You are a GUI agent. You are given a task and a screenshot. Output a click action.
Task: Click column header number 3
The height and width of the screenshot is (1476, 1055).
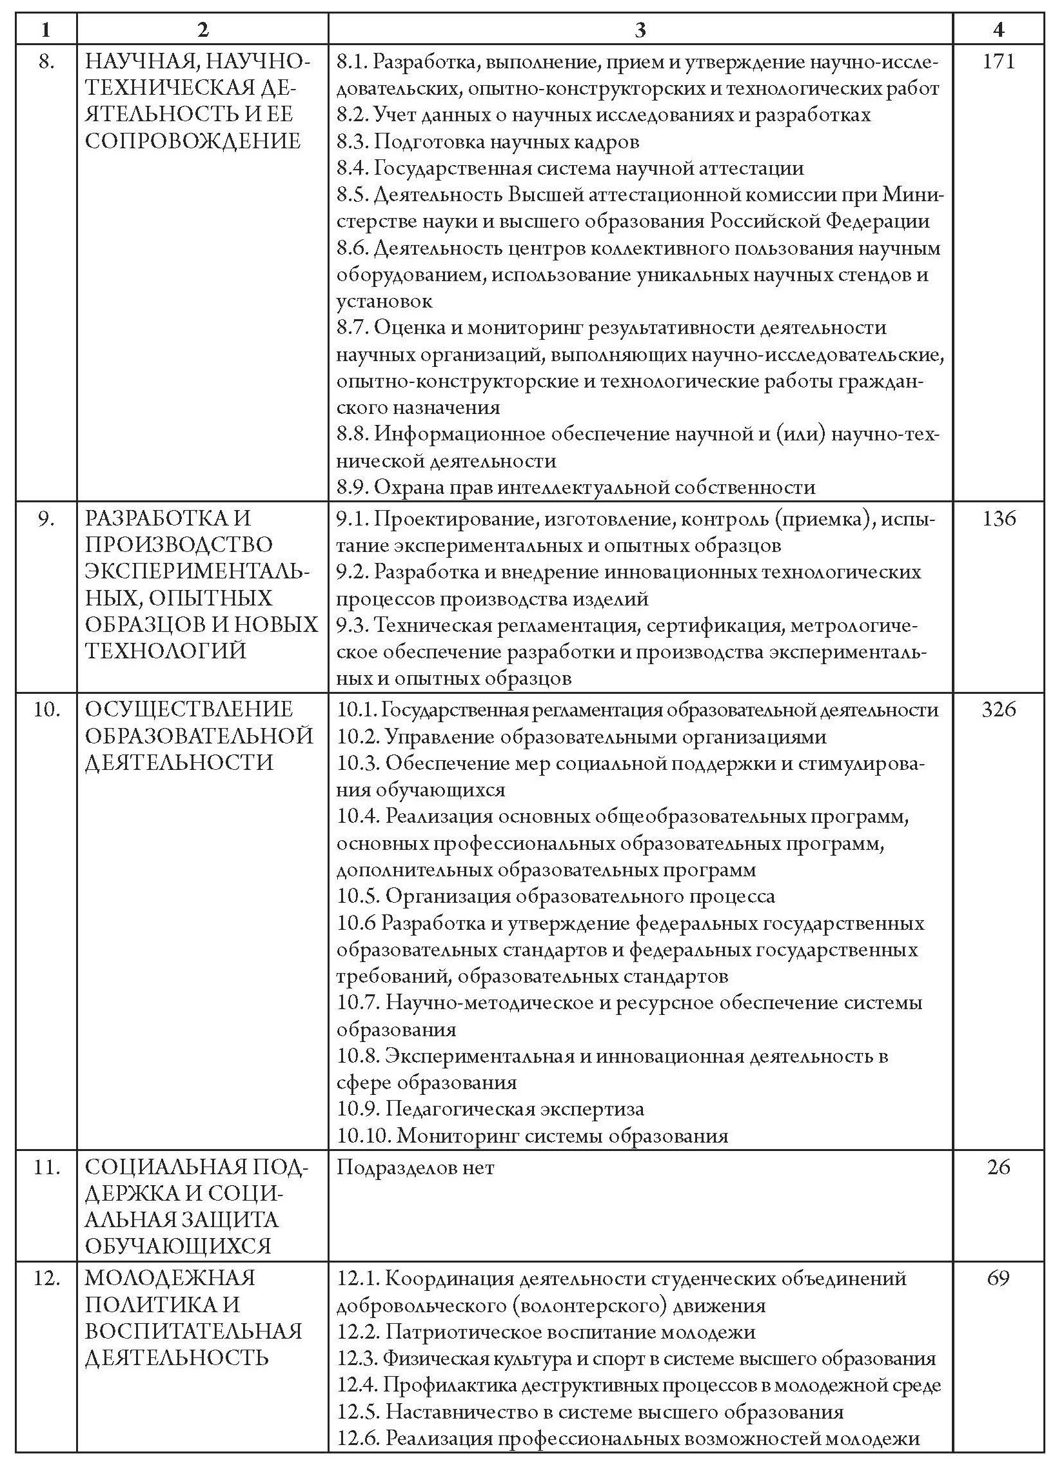(640, 29)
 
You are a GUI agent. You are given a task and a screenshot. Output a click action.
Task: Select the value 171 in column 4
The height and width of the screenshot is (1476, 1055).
(998, 62)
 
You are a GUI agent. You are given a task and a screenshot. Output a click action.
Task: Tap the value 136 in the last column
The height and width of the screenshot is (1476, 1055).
(998, 518)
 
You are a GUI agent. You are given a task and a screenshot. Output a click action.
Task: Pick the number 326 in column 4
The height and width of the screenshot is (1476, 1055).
(998, 709)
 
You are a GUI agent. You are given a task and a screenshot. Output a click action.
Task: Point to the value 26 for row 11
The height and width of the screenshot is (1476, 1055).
(998, 1166)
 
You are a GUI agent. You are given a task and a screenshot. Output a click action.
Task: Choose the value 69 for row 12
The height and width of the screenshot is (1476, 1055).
(998, 1278)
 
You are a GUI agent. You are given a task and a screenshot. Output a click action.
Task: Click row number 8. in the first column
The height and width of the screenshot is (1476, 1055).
(46, 62)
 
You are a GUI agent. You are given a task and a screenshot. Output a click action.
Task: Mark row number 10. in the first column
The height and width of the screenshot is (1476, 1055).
(46, 709)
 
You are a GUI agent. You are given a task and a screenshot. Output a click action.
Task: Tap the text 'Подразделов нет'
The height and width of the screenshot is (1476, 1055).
(416, 1167)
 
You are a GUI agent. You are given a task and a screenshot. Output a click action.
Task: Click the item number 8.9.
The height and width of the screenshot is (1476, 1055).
(352, 487)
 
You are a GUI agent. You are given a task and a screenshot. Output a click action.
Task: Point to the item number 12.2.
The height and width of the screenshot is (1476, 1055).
(358, 1332)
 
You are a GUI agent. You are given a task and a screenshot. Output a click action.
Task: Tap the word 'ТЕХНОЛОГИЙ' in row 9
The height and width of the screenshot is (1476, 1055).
(166, 651)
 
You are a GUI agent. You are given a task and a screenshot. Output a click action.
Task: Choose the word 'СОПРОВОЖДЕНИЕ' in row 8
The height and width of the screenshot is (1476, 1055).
(193, 141)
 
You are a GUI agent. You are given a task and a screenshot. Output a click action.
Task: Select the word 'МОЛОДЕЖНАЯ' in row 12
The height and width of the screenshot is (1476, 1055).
(170, 1278)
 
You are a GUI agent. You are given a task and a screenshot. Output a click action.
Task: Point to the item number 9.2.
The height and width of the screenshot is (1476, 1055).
(352, 572)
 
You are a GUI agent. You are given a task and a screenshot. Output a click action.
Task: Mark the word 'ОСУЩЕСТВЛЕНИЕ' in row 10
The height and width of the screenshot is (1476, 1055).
(189, 709)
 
